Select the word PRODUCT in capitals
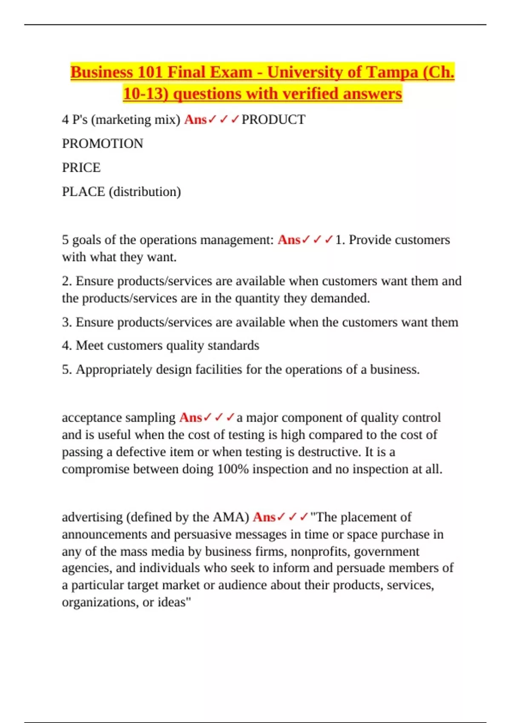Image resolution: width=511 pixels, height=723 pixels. pos(273,120)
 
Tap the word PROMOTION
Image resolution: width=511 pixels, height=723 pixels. pos(103,144)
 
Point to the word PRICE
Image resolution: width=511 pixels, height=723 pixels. pos(81,168)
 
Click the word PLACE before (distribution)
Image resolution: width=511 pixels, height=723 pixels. pos(83,192)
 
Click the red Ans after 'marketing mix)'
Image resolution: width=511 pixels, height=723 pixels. pos(195,120)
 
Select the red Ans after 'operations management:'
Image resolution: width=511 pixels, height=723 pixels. pos(289,240)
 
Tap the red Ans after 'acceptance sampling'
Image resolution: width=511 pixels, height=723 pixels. pos(190,418)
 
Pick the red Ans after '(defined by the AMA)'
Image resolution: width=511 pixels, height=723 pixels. pos(264,517)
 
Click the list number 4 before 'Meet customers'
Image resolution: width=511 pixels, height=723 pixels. pos(66,345)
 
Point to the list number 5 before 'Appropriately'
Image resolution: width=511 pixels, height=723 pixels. pos(66,370)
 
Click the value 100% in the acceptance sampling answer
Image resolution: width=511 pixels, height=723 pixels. pos(233,469)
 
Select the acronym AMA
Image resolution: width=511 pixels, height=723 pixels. pos(228,517)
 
